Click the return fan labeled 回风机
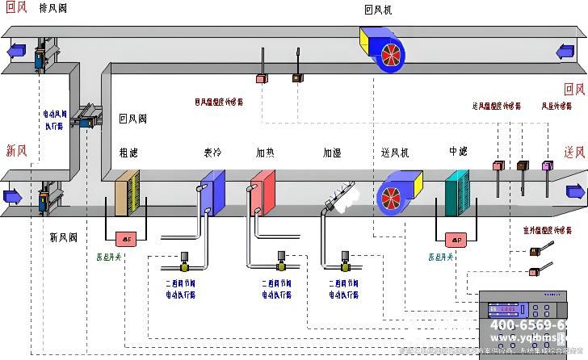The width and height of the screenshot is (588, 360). tap(383, 47)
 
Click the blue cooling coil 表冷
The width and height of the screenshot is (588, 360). tap(212, 194)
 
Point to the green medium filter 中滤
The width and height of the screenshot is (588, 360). tap(461, 195)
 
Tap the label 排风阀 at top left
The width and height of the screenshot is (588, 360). tap(53, 8)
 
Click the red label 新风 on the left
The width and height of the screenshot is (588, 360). tap(17, 150)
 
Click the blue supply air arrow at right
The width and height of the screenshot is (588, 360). tap(575, 192)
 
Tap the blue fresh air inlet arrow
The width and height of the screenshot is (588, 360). tap(12, 196)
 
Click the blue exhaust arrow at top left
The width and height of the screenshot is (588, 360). tap(14, 51)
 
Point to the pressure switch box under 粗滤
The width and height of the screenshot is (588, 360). tap(126, 239)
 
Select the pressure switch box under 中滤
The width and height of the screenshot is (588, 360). tap(456, 240)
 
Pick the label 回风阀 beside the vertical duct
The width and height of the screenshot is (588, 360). tap(132, 118)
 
